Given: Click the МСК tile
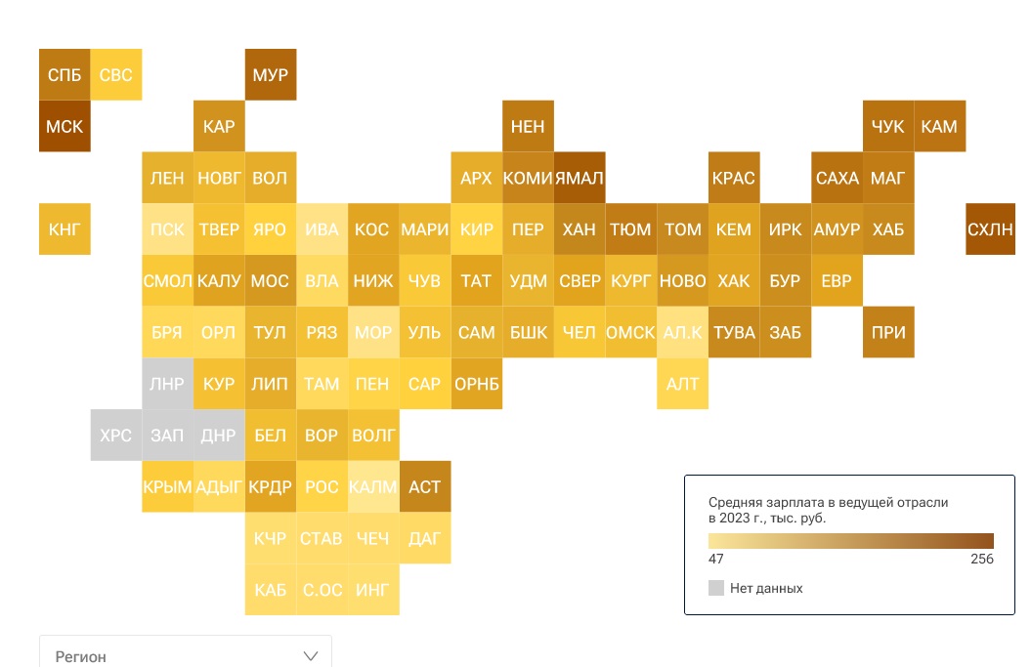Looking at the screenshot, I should pos(64,127).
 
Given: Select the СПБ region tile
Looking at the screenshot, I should pos(64,75).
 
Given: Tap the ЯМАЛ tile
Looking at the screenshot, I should pos(580,178).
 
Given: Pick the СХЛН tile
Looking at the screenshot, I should pos(990,229).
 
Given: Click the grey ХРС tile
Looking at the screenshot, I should pos(115,436).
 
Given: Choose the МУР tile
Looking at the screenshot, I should pos(270,75).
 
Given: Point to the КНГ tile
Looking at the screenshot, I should pos(64,229).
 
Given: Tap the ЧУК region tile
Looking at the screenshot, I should pos(888,127).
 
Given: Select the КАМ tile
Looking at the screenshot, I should pos(939,127).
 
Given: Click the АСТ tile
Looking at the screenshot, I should pos(425,486).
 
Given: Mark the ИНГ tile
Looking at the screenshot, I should pos(373,590).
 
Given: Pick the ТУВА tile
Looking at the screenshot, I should pos(734,332).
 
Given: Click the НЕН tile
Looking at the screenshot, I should pos(528,127).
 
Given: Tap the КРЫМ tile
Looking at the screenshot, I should pos(167,486).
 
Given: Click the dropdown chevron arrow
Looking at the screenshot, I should pos(312,655).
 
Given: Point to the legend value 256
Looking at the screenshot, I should pos(981,560).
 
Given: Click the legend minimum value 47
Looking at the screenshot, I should pos(716,560).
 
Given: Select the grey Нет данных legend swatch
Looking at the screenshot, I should pos(716,588).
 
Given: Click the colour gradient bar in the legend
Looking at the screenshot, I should pos(850,541).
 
